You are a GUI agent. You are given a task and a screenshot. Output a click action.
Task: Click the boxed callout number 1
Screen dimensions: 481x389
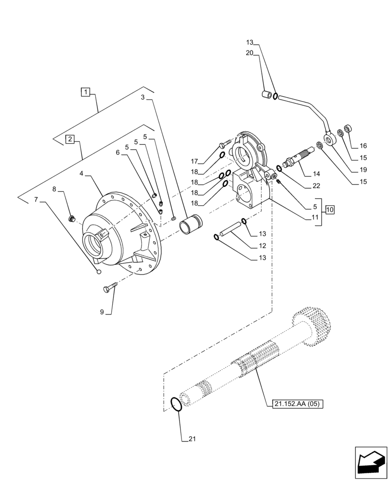click(x=85, y=91)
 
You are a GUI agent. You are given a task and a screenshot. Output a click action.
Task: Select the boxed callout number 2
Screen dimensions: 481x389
click(x=70, y=139)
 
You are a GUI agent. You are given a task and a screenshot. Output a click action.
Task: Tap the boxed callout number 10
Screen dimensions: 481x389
click(x=329, y=209)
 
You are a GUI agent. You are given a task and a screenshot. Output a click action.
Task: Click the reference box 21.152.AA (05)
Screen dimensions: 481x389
click(x=294, y=404)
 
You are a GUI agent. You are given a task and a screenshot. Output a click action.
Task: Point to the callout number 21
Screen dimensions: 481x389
click(x=192, y=439)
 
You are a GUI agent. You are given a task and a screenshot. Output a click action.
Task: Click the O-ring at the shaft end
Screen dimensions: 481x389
click(x=177, y=404)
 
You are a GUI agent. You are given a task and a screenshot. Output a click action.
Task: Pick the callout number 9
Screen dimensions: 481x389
click(x=102, y=312)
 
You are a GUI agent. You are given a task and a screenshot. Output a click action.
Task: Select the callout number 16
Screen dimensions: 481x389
click(x=363, y=146)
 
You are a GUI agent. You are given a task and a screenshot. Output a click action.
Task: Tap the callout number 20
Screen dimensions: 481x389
click(x=249, y=54)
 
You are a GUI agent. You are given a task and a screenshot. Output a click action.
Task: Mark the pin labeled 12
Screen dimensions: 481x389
click(x=230, y=232)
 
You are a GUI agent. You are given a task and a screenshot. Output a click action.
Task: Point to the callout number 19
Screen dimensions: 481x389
click(x=363, y=170)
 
